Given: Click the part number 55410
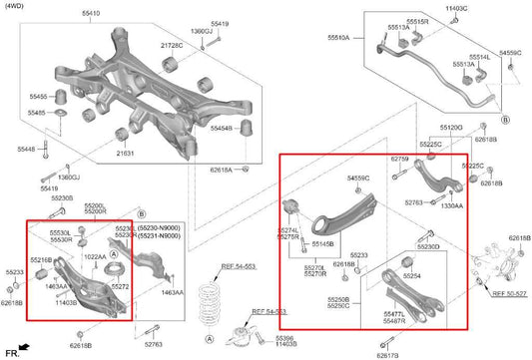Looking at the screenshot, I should (91, 14).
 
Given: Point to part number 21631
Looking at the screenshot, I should (125, 155).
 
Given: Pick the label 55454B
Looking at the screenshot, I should (221, 129).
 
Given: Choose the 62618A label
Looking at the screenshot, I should (220, 171).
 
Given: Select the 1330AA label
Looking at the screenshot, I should (452, 205).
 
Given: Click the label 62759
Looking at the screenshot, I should (399, 159).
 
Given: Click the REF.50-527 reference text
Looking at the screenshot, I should (509, 295).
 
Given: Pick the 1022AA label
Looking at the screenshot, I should (95, 256).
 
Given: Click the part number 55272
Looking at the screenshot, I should (120, 286).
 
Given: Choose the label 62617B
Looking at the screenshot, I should (389, 354).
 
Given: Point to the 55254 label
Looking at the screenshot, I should (411, 275).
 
